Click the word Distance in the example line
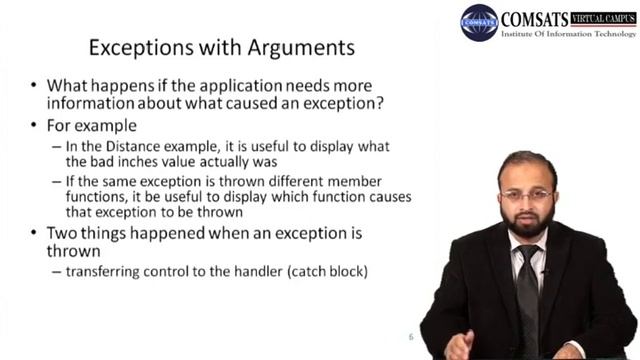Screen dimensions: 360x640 pos(153,146)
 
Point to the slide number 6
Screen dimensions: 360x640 pos(410,336)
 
